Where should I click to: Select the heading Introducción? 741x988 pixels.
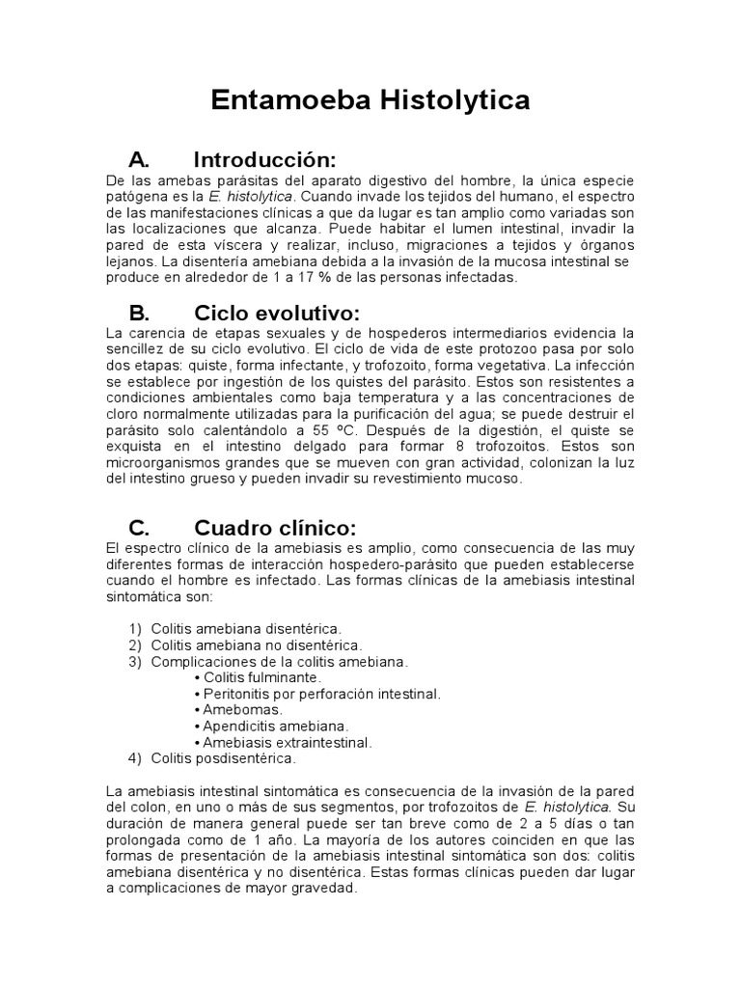(x=264, y=159)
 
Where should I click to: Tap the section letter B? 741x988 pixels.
(x=139, y=314)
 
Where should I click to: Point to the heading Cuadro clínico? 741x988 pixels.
(x=275, y=528)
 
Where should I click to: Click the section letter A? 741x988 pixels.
(x=139, y=159)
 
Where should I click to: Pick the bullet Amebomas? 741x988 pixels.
(x=232, y=710)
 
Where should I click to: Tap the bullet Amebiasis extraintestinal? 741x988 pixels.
(x=286, y=742)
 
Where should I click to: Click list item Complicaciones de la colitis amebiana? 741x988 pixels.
(x=279, y=661)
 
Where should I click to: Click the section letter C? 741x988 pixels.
(x=139, y=528)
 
